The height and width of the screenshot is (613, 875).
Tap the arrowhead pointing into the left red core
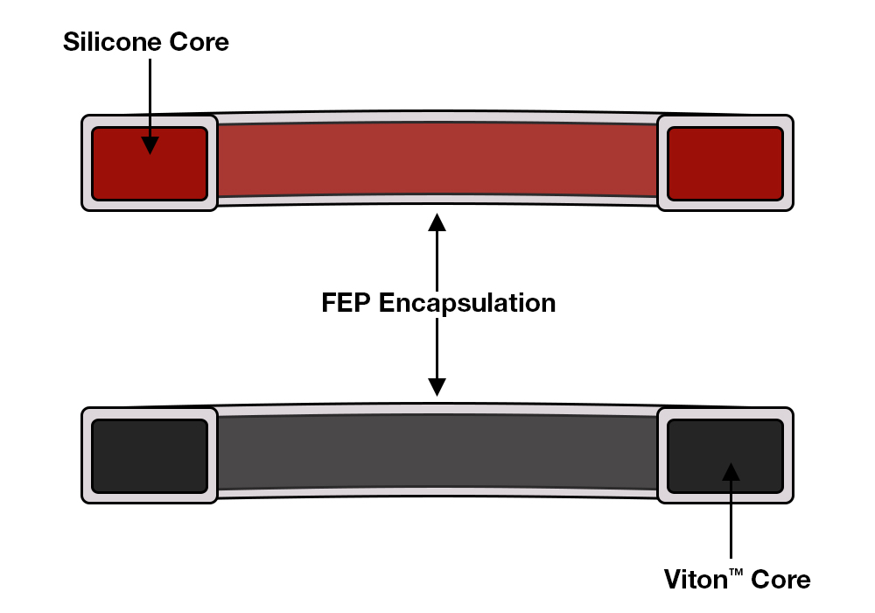pos(150,144)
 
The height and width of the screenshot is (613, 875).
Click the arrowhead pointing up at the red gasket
pos(437,221)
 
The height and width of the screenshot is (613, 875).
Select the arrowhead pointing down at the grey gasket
pos(437,386)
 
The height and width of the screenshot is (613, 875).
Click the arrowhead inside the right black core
pos(731,472)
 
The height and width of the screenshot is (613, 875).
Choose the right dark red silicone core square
pos(725,163)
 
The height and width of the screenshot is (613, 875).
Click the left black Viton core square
pos(150,455)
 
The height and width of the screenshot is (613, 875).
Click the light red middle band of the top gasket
pos(437,158)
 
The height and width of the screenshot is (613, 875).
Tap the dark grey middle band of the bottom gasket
pos(437,450)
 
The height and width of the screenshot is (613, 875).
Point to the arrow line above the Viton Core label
pos(731,525)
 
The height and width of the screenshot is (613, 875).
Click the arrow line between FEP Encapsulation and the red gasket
pos(437,258)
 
